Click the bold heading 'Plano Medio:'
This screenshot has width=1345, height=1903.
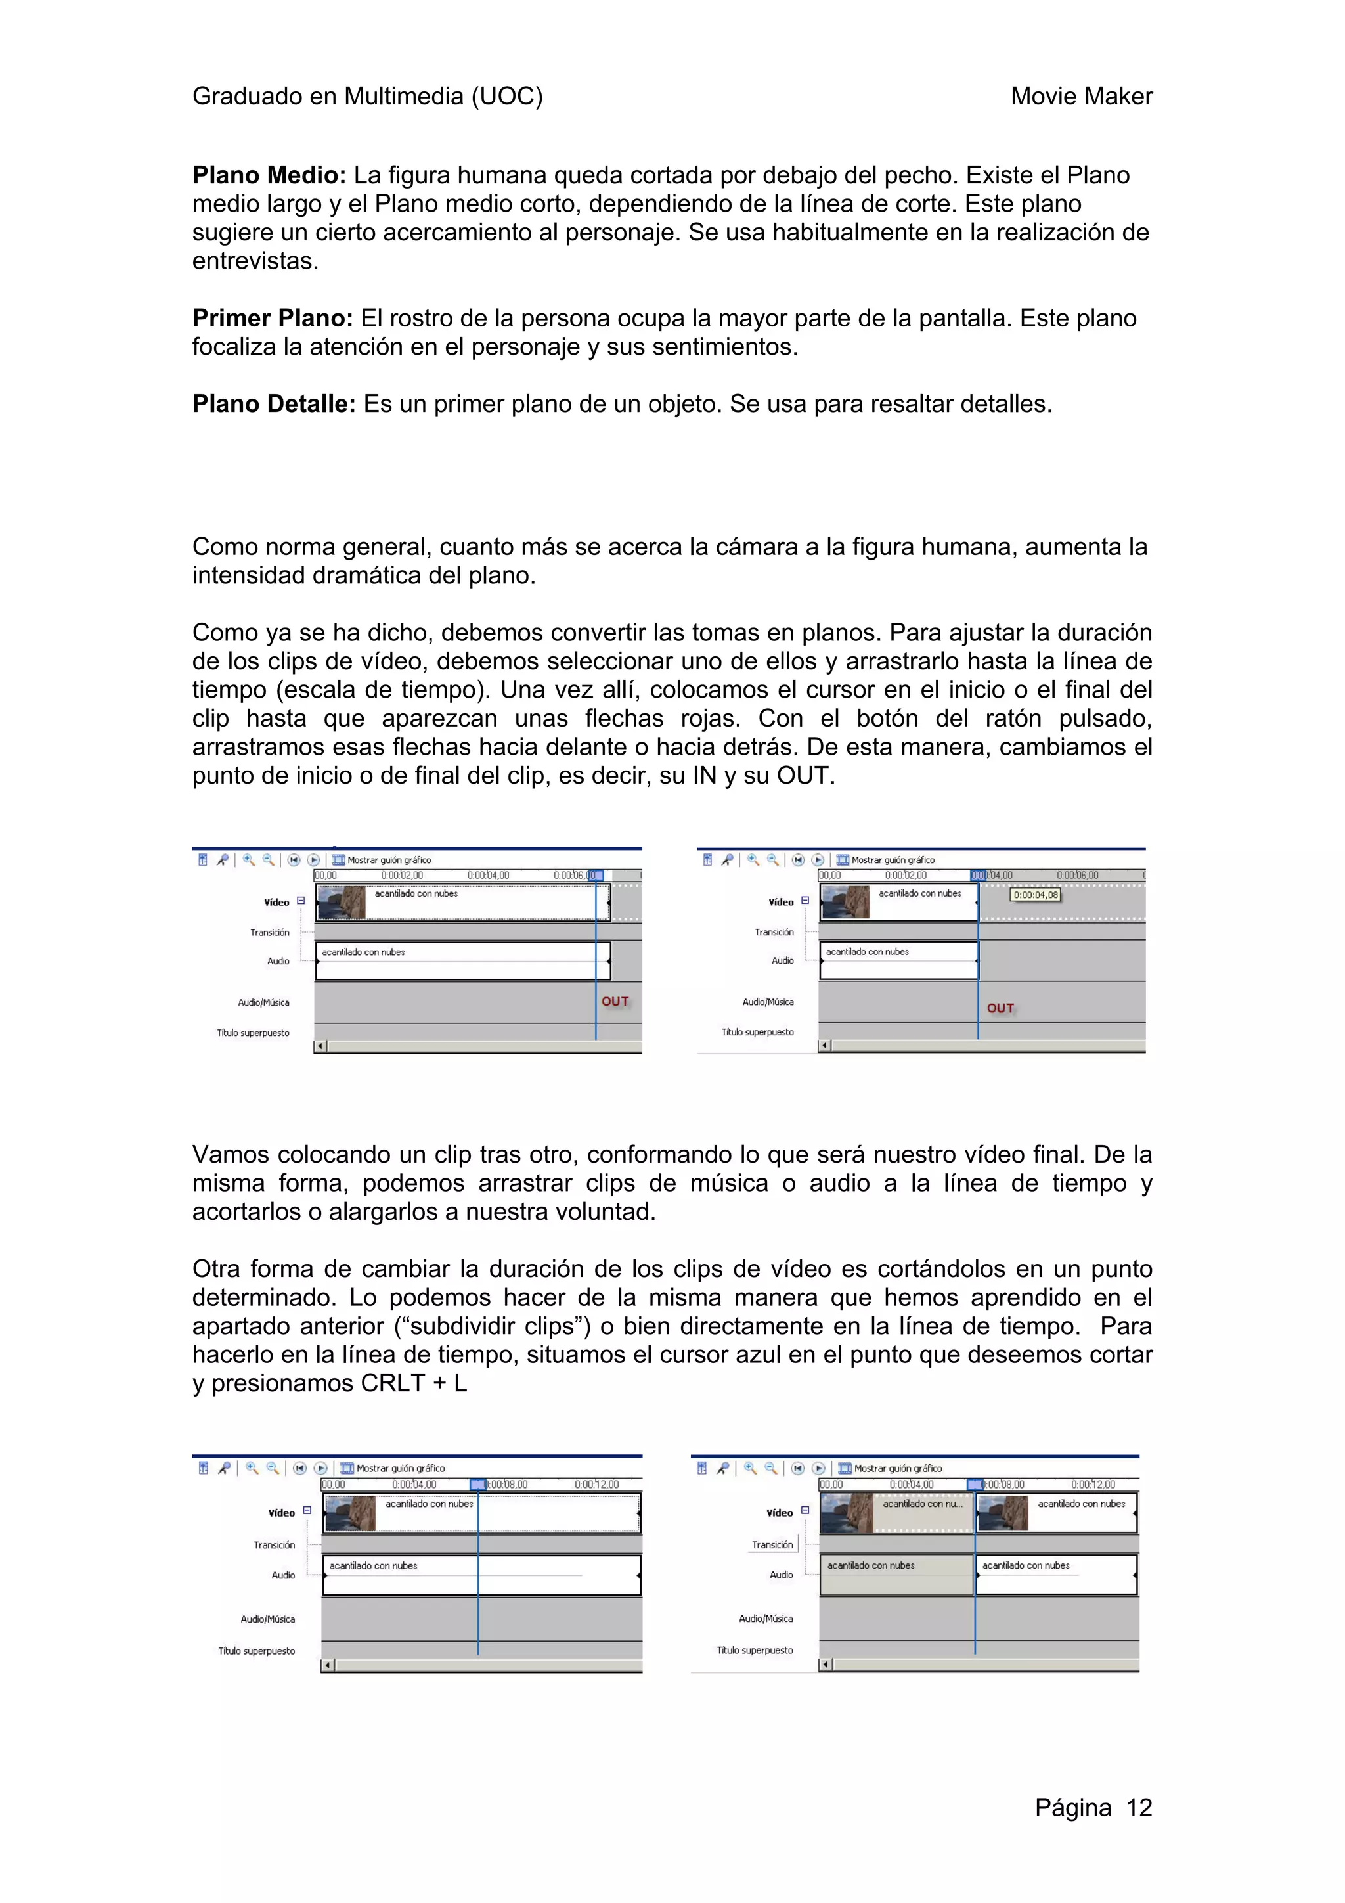coord(269,175)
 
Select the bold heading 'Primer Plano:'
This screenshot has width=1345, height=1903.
coord(273,319)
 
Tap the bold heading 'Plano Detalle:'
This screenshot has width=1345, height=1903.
coord(273,405)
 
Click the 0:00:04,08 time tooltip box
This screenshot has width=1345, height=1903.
coord(1035,895)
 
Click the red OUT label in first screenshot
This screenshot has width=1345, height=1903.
coord(615,1001)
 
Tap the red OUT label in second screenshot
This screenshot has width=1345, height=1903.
coord(1000,1008)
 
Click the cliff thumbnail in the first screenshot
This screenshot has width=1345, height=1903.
coord(342,903)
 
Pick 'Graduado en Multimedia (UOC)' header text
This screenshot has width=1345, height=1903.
coord(367,97)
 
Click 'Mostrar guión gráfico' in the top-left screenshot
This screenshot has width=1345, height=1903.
coord(389,861)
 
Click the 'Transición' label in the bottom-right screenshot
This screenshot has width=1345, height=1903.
coord(772,1545)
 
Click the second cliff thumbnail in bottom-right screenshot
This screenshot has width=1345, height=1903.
coord(1003,1513)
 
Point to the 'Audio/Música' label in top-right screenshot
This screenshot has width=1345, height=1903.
coord(767,1002)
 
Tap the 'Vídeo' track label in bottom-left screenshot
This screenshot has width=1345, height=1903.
coord(281,1513)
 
